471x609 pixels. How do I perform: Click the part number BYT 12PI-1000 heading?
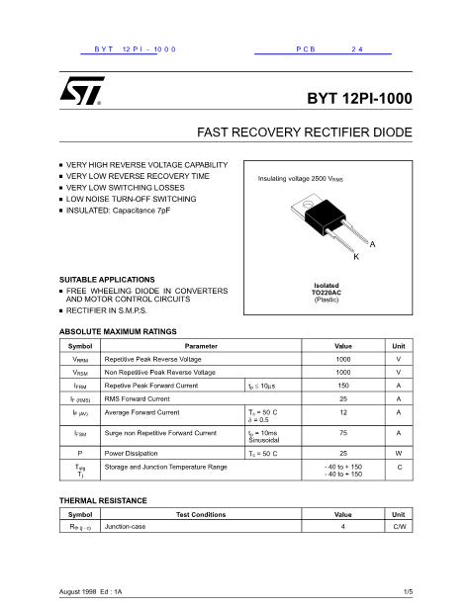[359, 99]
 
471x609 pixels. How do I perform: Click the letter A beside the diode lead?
[372, 243]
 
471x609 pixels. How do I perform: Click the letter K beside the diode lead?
[355, 256]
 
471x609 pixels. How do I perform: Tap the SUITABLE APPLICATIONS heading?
[107, 280]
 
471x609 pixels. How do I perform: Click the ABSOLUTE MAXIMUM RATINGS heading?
[118, 331]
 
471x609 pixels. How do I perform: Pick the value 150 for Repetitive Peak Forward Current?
[343, 386]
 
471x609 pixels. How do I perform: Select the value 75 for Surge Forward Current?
[343, 433]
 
